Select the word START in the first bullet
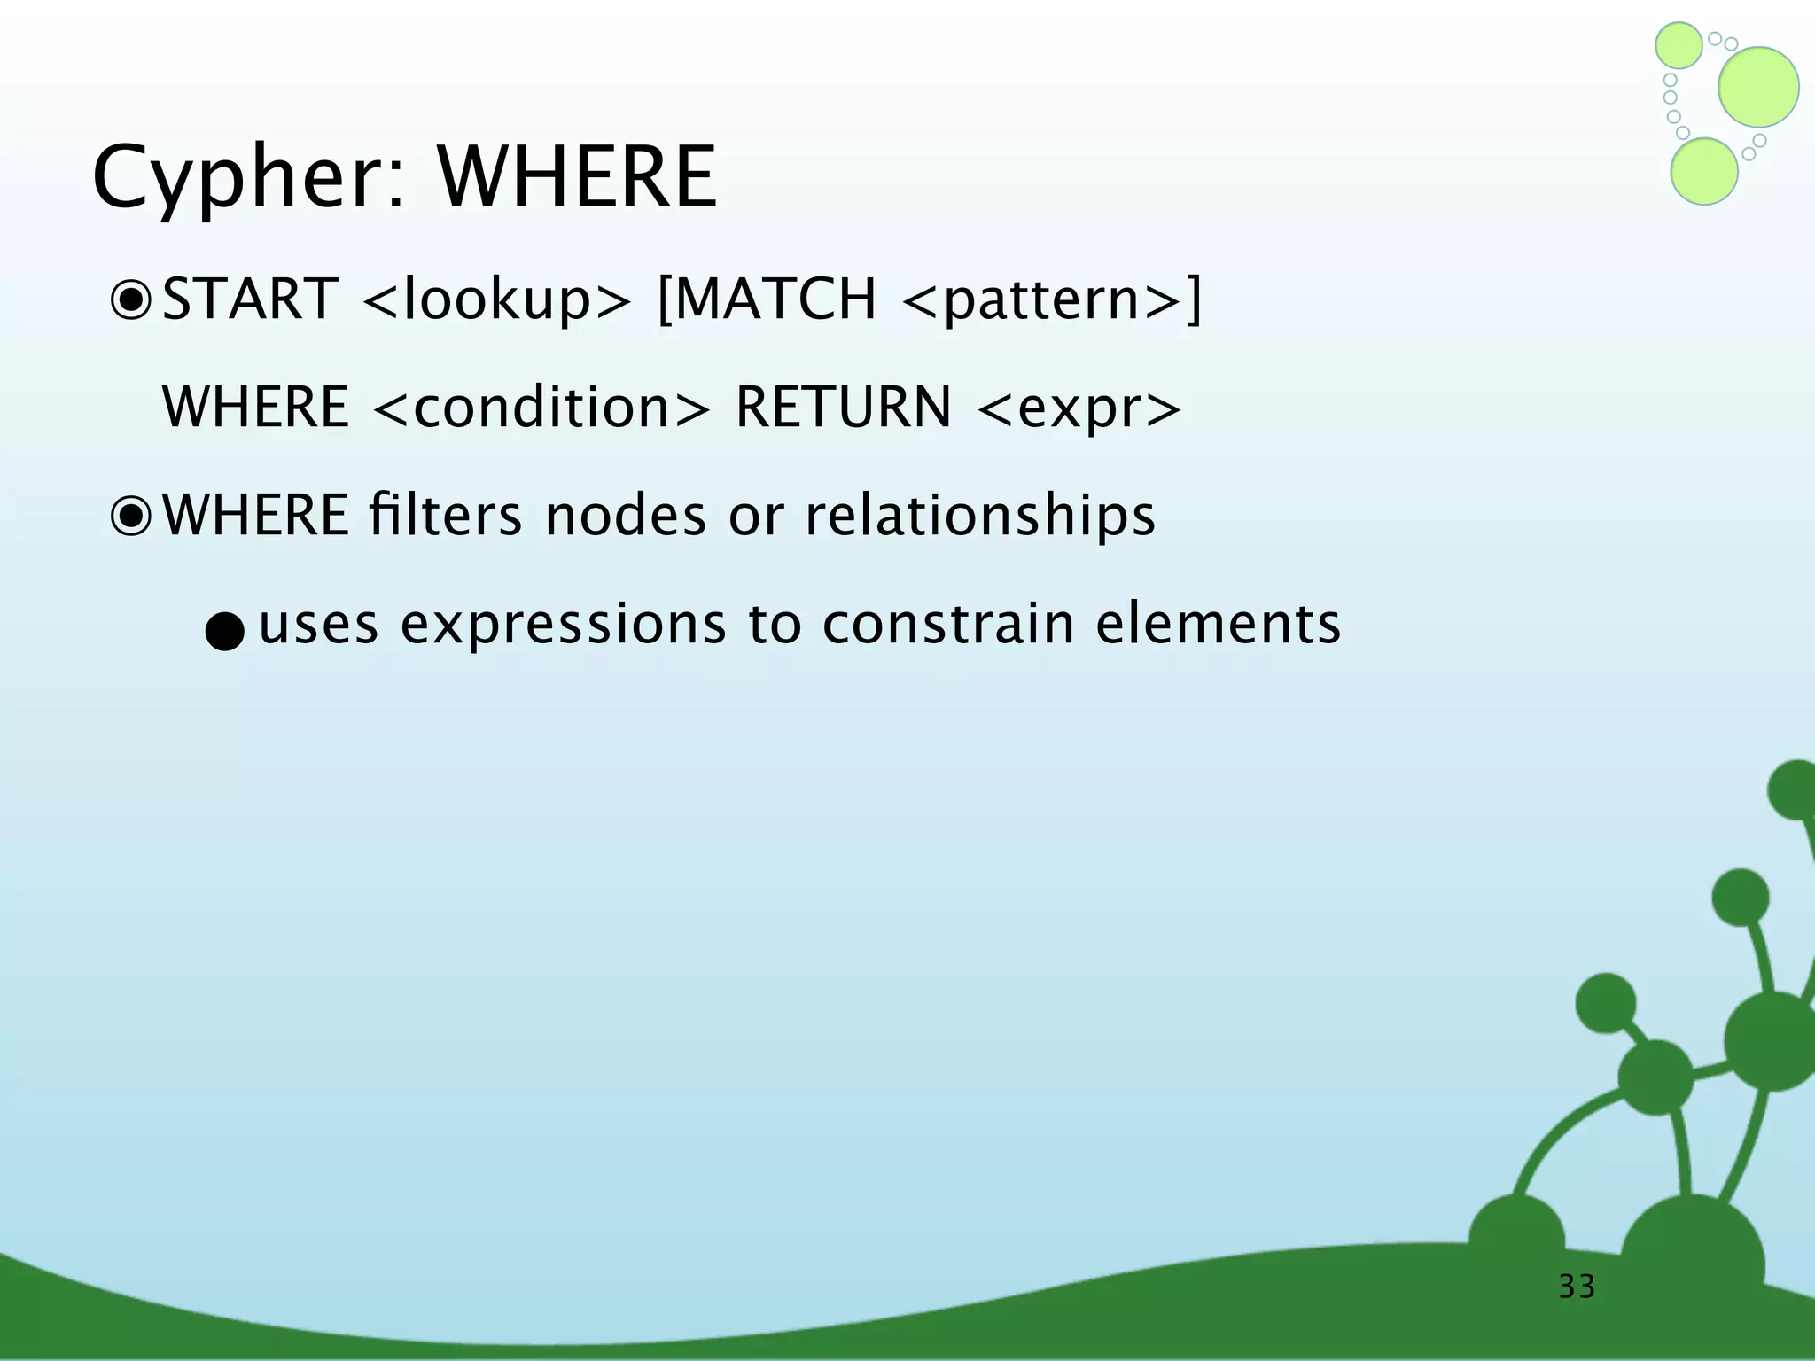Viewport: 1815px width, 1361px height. tap(250, 299)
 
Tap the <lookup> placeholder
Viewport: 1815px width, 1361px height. tap(496, 299)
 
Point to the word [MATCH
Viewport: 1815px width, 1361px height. tap(767, 299)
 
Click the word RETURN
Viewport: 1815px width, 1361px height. tap(843, 408)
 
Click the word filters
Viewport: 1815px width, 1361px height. tap(446, 515)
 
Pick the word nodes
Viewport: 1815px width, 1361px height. tap(625, 516)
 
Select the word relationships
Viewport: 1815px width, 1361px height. tap(979, 517)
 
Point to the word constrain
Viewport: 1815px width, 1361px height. tap(947, 624)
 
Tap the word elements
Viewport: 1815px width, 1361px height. tap(1218, 624)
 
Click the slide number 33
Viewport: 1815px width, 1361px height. tap(1577, 1287)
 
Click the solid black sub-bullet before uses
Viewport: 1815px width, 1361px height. tap(224, 632)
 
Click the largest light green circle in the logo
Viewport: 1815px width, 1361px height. tap(1758, 87)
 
